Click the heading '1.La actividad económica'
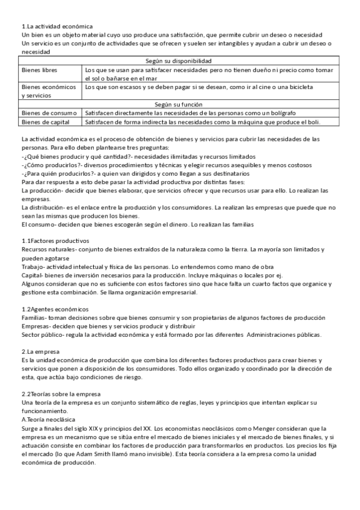(x=57, y=27)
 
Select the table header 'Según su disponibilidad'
(x=179, y=61)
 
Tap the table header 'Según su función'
(x=179, y=104)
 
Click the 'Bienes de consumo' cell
(x=49, y=113)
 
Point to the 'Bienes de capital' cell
(x=46, y=122)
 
